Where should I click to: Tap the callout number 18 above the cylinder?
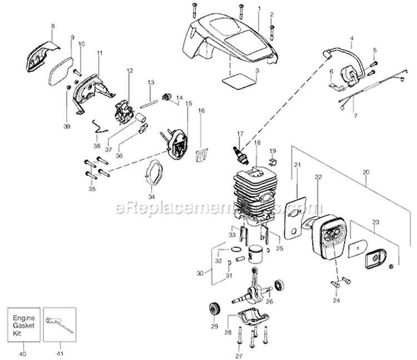pos(257,142)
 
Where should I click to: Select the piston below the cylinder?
pos(256,254)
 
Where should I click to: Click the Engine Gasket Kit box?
pos(24,325)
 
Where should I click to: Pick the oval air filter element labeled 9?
pos(61,71)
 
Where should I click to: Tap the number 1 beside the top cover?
pos(259,9)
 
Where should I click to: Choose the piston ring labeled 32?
pos(236,249)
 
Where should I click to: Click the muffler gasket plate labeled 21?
pos(295,218)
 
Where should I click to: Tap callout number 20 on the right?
pos(366,172)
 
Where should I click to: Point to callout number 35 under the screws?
pos(92,189)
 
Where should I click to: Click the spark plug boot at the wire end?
pos(327,54)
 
